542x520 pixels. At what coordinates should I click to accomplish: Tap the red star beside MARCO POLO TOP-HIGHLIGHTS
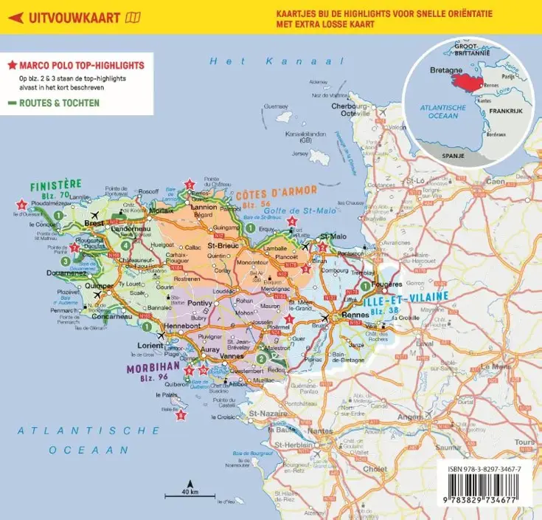coord(12,65)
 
